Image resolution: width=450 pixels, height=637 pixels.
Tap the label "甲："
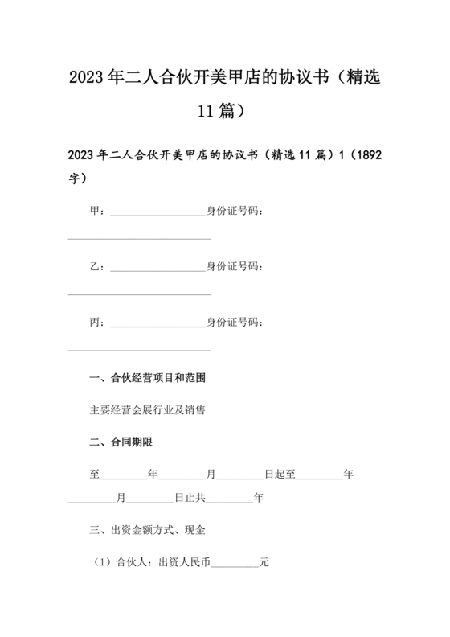click(x=98, y=211)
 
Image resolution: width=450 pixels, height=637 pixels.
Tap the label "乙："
click(x=98, y=266)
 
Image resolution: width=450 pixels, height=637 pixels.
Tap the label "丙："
click(x=98, y=322)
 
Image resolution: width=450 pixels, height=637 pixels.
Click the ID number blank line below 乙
click(x=140, y=294)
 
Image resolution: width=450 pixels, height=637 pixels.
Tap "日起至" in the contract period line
click(x=280, y=474)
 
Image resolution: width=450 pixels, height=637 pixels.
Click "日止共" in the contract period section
click(x=190, y=498)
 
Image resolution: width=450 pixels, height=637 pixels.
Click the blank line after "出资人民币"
click(x=234, y=565)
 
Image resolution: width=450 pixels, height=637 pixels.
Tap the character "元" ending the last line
click(x=264, y=562)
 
